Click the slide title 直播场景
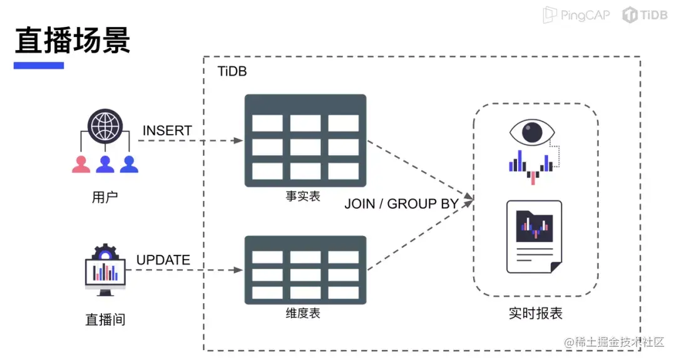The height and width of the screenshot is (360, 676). pos(73,40)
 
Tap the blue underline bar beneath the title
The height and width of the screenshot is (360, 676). pos(39,66)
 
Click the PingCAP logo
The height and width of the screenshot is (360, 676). pos(576,15)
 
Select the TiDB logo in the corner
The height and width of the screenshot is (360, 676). pos(645,15)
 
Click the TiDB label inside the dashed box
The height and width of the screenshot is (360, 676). pos(232,71)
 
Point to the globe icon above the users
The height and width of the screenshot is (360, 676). pos(105,126)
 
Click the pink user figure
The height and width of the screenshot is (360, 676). pos(81,164)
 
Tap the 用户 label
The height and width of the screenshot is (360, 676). pos(105,197)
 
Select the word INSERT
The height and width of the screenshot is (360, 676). pos(167,130)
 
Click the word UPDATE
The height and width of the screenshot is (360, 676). pos(163,260)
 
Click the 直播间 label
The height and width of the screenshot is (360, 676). pos(105,319)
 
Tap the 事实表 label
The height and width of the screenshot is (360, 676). pos(303,196)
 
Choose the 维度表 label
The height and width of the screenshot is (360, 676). pos(303,313)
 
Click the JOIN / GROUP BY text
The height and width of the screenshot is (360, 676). pos(401,203)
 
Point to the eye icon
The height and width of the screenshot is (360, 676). pos(532,132)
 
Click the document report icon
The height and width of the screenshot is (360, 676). pos(534,237)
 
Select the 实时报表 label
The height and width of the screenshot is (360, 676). pos(535,314)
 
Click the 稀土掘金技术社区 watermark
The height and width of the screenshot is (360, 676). pos(615,342)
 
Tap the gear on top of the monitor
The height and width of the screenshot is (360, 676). pos(105,252)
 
